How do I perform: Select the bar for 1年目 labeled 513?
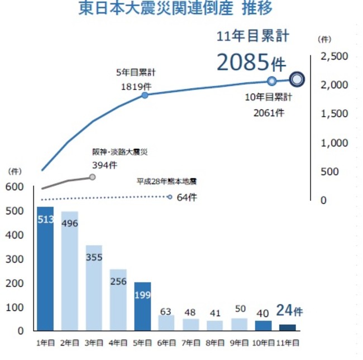[45, 268]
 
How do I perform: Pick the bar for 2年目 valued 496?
[70, 271]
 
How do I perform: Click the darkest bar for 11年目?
[288, 327]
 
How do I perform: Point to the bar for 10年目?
[263, 325]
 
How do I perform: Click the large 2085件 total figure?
[251, 63]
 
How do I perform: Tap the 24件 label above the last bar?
[289, 311]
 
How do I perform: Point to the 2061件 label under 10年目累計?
[269, 113]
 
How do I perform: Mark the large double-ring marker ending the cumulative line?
[297, 80]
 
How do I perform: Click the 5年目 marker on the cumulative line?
[145, 95]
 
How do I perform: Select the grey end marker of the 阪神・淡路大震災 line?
[93, 177]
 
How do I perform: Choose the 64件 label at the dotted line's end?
[187, 197]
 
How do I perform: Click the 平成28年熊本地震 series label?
[167, 181]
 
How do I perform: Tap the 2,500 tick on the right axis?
[335, 56]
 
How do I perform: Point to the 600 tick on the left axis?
[16, 187]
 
